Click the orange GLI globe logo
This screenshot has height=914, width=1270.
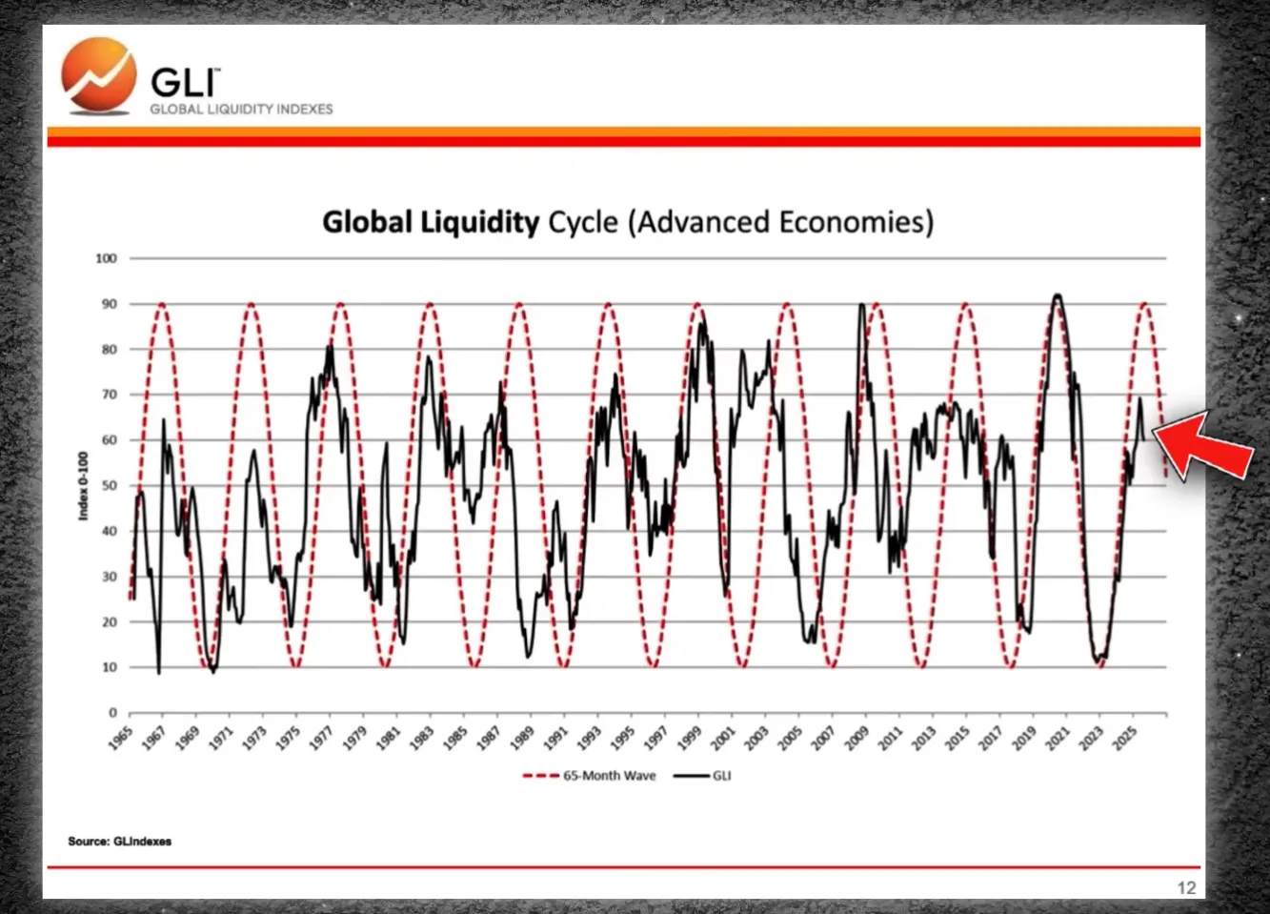pos(98,76)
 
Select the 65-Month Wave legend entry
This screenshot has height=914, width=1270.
pos(590,776)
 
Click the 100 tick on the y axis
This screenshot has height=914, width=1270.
pos(106,258)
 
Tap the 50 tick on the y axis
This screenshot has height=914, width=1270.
pos(109,486)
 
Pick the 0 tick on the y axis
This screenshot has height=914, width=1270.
pos(112,713)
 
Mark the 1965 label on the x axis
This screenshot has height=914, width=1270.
pos(121,738)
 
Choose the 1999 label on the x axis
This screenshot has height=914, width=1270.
pos(691,738)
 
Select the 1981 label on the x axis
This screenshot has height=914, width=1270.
pos(389,738)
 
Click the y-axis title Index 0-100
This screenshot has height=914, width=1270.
pos(83,485)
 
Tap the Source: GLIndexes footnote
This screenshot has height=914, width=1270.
pos(119,842)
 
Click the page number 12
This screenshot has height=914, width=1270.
pos(1186,887)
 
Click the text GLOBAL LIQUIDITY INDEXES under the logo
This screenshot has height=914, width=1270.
pos(241,110)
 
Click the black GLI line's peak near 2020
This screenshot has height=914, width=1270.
pos(1056,296)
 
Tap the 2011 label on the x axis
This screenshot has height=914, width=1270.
pos(891,738)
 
